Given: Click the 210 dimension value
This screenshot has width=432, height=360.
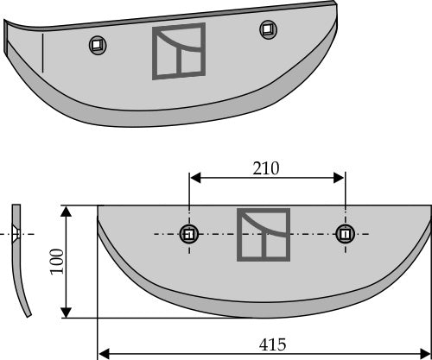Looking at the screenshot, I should [266, 167].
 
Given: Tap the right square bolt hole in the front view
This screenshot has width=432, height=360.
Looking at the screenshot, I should [345, 234].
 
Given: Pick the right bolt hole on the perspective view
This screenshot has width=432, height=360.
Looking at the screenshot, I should [267, 30].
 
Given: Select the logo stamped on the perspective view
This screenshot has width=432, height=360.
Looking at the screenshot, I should [179, 51].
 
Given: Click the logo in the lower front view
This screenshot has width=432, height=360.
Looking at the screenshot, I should [264, 234].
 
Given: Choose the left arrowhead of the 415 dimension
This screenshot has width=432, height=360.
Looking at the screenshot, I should [103, 353].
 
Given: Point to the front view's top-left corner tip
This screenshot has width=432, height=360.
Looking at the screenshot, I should [98, 206].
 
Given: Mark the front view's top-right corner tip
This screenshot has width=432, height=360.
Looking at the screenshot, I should [429, 206].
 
